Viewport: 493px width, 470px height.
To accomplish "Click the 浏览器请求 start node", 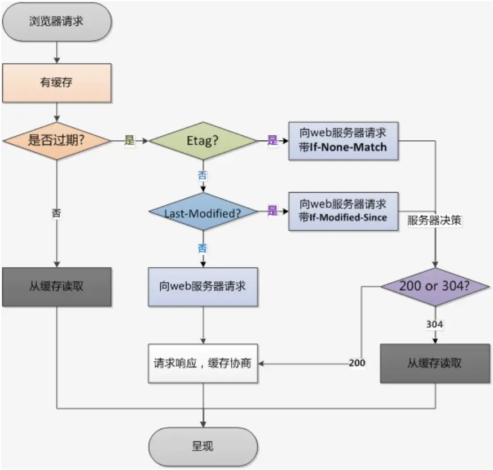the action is tap(57, 21).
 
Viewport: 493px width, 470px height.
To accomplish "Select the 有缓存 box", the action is tap(57, 83).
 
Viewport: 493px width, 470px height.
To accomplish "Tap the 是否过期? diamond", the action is tap(56, 141).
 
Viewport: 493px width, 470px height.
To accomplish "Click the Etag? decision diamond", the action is tap(203, 141).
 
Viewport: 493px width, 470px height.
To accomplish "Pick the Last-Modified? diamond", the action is tap(203, 211).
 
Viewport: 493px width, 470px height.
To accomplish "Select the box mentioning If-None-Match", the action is tap(344, 141).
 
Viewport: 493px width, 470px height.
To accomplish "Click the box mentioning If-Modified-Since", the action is tap(344, 211).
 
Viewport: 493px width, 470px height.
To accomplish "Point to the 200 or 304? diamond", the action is tap(435, 286).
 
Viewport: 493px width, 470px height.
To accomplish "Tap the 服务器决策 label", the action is tap(434, 220).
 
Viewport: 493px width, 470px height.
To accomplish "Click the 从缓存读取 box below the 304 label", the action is tap(435, 363).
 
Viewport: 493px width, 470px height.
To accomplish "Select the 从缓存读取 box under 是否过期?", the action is tap(57, 287).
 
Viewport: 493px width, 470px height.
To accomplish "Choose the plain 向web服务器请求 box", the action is tap(203, 287).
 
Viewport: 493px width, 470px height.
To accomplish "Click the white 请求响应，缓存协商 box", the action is tap(203, 363).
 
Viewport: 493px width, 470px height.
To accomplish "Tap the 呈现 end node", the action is tap(203, 446).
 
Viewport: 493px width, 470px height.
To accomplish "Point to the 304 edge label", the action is tap(434, 324).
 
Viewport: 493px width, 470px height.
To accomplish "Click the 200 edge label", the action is tap(357, 363).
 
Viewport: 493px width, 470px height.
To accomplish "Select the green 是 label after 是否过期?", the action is tap(130, 140).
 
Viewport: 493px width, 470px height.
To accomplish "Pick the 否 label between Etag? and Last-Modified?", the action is tap(203, 176).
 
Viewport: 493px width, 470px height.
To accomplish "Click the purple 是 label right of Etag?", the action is tap(272, 140).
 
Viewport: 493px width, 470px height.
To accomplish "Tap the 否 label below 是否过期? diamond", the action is tap(56, 214).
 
